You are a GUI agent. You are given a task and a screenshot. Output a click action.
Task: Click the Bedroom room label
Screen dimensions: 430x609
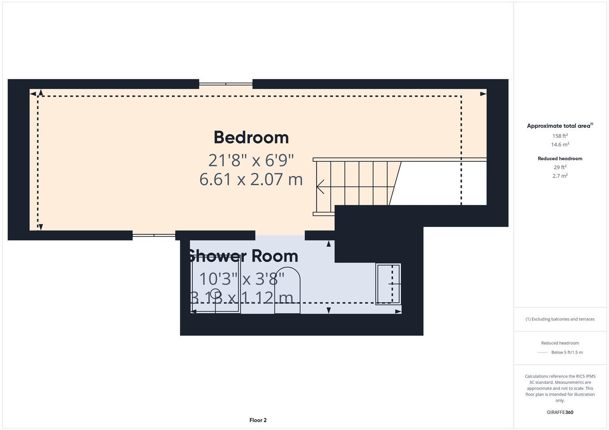pos(251,137)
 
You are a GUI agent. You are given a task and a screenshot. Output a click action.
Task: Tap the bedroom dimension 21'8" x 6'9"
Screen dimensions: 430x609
pos(251,160)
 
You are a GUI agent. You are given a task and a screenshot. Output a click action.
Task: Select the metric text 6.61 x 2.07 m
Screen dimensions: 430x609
pos(251,179)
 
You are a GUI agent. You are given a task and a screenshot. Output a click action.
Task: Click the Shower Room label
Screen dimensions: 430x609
pos(243,256)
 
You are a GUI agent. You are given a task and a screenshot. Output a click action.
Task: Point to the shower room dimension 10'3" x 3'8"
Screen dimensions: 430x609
pos(242,279)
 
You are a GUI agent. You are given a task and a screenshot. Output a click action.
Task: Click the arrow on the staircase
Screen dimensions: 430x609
pos(320,186)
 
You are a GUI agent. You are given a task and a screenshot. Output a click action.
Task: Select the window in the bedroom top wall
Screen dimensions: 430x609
pos(226,84)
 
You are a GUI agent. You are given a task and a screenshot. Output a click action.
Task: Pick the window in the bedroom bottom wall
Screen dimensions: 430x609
pos(154,235)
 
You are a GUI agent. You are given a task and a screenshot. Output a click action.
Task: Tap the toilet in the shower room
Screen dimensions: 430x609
pos(287,291)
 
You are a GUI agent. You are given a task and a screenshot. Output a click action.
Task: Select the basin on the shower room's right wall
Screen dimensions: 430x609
pos(388,284)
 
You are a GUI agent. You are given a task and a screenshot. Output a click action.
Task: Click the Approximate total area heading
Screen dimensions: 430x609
pos(560,126)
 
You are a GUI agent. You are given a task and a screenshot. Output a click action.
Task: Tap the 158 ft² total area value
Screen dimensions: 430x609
pos(560,136)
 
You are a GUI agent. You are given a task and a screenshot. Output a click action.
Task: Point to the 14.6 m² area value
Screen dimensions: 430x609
pos(560,145)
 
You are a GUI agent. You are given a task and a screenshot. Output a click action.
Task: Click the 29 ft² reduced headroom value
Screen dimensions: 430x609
pos(560,167)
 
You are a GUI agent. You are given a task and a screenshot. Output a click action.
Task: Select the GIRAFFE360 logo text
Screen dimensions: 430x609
pos(560,412)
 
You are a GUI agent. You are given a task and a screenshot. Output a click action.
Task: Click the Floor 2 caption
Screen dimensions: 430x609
pos(258,420)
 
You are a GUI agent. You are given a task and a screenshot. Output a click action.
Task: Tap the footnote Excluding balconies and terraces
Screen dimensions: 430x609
pos(560,319)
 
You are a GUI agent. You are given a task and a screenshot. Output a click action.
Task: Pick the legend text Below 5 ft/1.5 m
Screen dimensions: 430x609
pos(566,352)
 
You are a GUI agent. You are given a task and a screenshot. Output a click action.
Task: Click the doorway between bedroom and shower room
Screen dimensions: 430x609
pos(280,236)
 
